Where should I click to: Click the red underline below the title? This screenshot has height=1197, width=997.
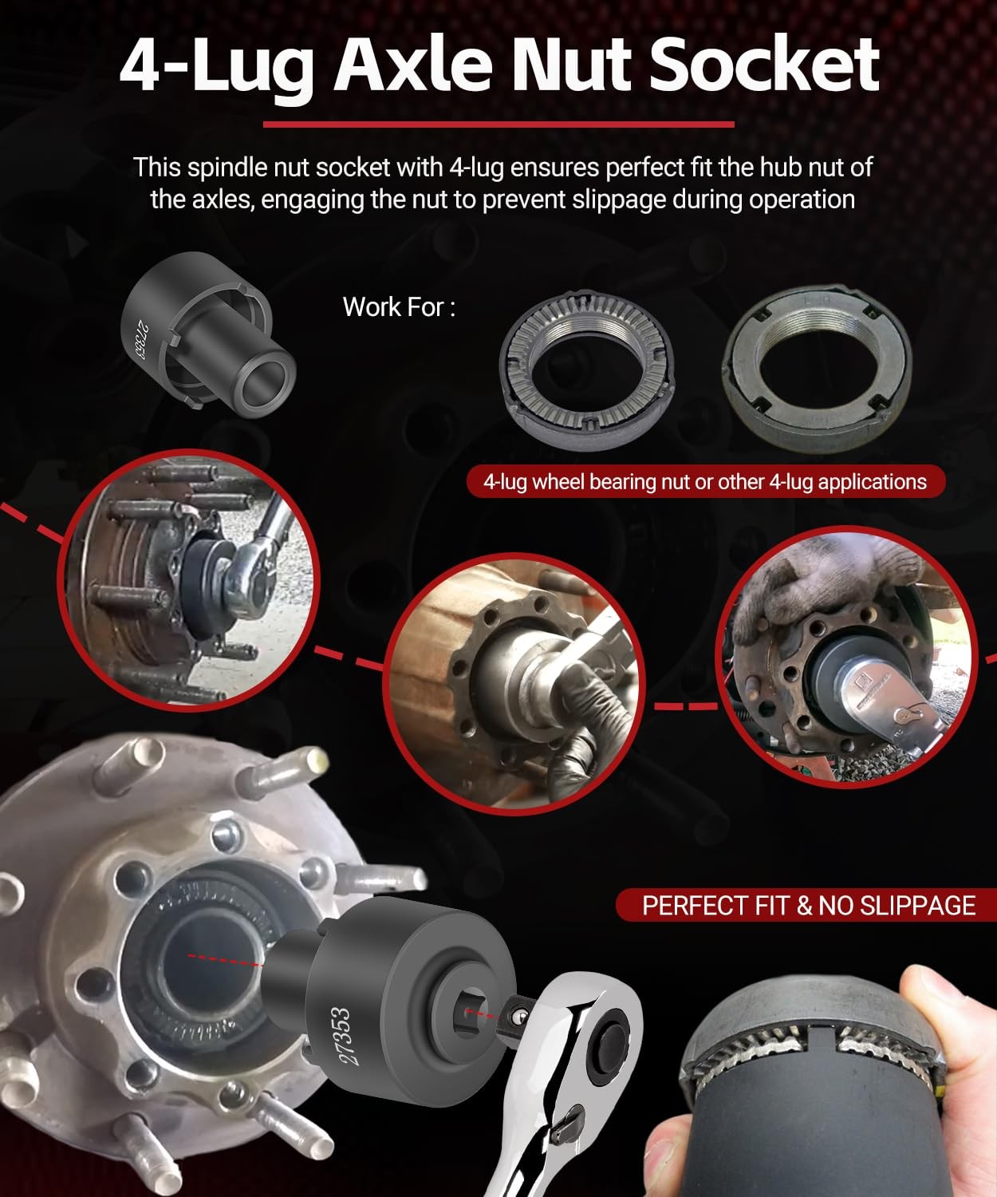498,124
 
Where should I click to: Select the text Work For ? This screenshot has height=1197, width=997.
400,307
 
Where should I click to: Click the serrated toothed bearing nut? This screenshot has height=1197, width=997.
587,372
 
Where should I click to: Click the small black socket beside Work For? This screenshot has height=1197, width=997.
208,335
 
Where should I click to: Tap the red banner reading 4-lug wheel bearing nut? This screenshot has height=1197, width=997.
705,482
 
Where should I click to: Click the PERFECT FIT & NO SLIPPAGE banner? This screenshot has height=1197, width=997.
806,906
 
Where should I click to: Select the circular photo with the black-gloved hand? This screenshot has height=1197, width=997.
514,682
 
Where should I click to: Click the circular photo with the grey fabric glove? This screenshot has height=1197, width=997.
845,657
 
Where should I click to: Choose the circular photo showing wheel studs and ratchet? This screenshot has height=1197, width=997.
188,581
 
